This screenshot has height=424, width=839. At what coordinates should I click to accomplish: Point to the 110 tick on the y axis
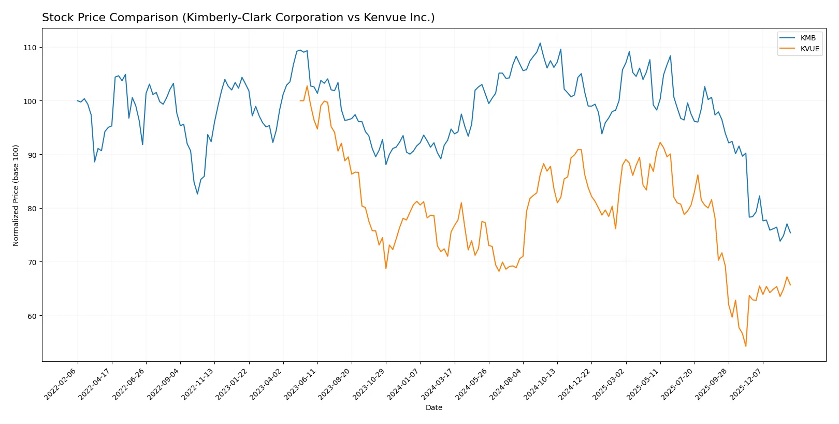click(x=30, y=48)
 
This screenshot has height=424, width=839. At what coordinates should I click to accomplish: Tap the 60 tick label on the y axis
click(x=32, y=316)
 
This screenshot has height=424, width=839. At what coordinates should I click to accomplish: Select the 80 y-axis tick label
click(x=32, y=209)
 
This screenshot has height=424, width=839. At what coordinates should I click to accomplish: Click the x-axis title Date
click(x=433, y=407)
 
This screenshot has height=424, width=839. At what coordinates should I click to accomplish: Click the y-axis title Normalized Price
click(x=16, y=195)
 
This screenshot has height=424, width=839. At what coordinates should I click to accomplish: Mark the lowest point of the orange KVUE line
click(x=746, y=346)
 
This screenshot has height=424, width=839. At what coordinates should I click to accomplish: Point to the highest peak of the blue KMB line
click(x=540, y=43)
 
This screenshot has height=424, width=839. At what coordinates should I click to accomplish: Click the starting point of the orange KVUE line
click(x=300, y=100)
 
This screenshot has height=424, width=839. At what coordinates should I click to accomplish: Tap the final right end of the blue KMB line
click(x=790, y=233)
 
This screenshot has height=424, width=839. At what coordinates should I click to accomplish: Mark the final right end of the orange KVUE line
click(x=790, y=285)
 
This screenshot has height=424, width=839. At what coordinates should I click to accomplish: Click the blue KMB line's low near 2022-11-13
click(x=197, y=194)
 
